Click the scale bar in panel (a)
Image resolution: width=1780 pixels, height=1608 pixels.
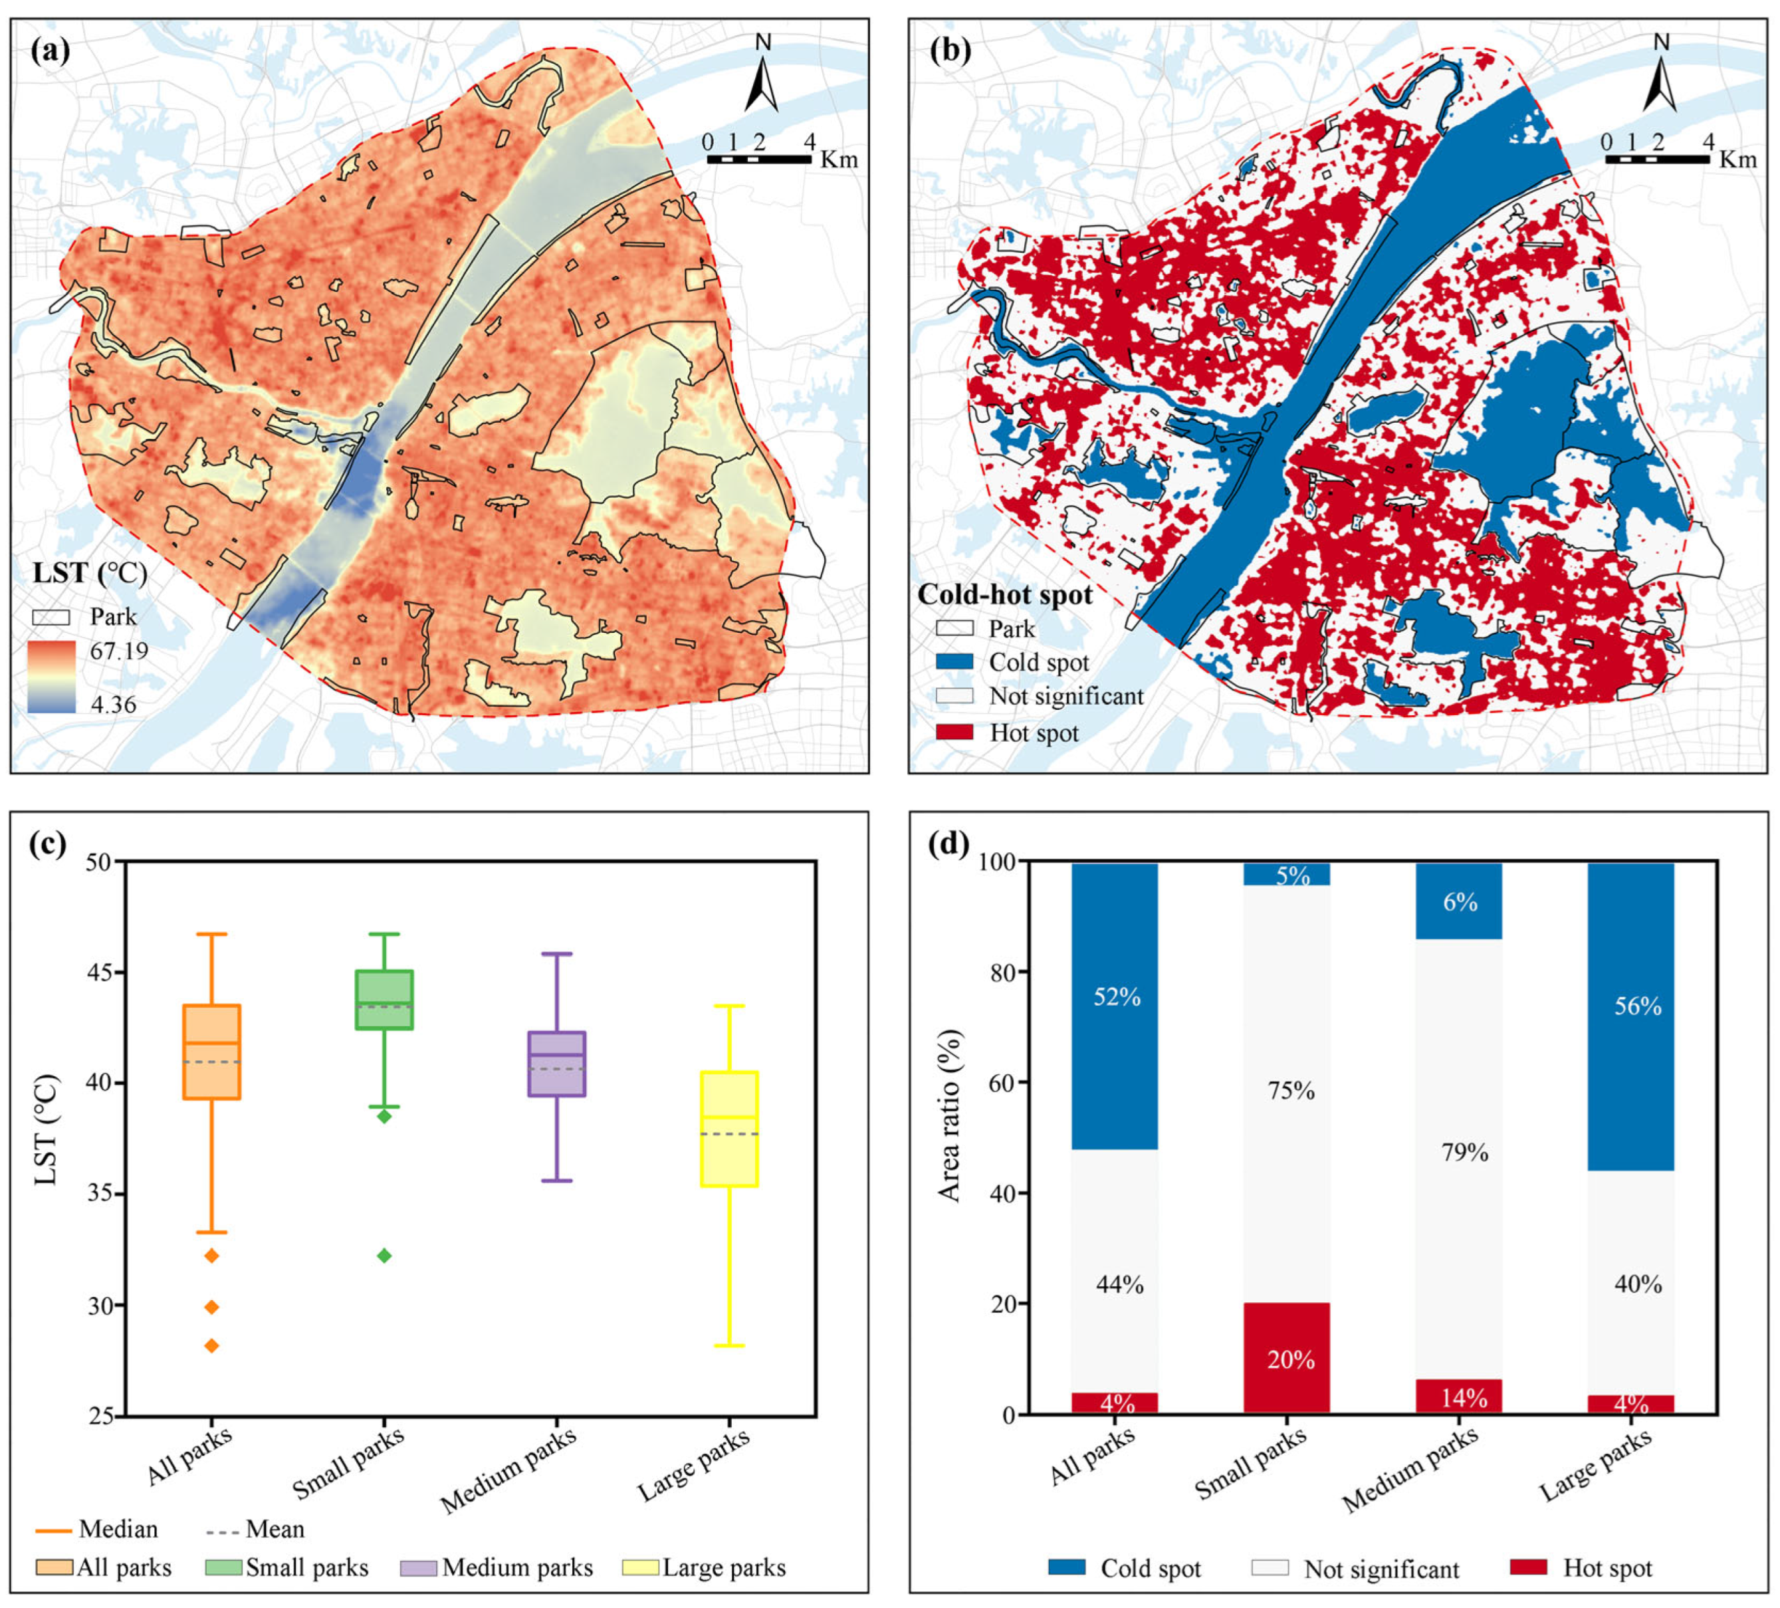[x=758, y=160]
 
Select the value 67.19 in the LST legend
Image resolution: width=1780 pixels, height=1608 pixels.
[x=119, y=651]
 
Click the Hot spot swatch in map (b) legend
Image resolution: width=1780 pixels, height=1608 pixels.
[x=954, y=732]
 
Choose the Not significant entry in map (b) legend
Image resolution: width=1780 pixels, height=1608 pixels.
[x=1065, y=697]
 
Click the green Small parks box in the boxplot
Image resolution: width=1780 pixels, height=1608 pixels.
[x=384, y=1000]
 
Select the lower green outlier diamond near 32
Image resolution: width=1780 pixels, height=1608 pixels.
[x=384, y=1256]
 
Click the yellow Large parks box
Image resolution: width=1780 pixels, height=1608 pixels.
[x=729, y=1129]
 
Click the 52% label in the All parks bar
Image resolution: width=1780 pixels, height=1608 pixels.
[x=1117, y=997]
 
